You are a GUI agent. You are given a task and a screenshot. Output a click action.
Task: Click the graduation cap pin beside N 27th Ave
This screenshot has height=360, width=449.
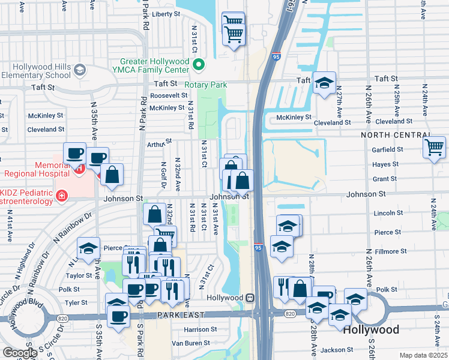pos(324,83)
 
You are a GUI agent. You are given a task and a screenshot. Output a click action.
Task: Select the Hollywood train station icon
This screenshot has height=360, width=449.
pos(249,298)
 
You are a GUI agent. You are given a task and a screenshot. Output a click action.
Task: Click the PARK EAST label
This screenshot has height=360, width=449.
pos(178,315)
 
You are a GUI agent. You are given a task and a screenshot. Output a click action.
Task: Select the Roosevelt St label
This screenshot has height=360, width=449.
pos(169,95)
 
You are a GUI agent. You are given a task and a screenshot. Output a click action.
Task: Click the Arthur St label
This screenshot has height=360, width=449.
pos(159,143)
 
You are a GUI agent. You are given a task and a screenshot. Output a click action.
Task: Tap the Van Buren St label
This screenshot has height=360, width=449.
pos(190,343)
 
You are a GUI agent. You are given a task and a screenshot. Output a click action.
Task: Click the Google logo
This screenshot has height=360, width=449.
pos(19,353)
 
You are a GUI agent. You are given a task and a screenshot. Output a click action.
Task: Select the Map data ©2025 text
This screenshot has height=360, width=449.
pos(423,355)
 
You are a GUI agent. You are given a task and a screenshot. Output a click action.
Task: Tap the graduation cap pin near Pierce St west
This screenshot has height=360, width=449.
pos(89,248)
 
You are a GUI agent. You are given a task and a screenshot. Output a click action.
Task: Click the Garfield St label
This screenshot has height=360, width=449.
pos(388,149)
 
